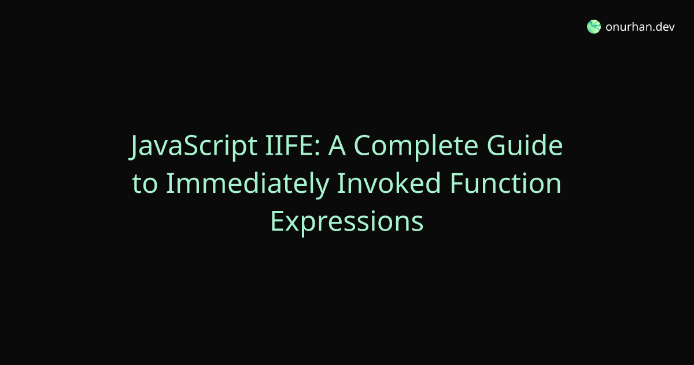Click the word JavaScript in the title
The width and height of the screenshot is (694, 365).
coord(193,145)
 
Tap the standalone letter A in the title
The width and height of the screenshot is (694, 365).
coord(337,145)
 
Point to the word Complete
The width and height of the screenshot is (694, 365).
coord(416,147)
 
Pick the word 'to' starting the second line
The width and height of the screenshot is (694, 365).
coord(145,184)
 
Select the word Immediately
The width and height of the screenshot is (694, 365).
coord(248,185)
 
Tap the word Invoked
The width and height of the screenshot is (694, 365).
coord(389,183)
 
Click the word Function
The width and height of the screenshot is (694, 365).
coord(505,183)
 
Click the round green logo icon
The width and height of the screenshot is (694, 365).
coord(593,27)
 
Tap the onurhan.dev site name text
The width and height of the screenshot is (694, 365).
coord(640,27)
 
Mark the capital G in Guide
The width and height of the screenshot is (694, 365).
coord(496,145)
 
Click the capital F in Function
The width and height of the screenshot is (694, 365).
coord(456,183)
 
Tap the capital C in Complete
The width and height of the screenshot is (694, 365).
coord(362,145)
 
